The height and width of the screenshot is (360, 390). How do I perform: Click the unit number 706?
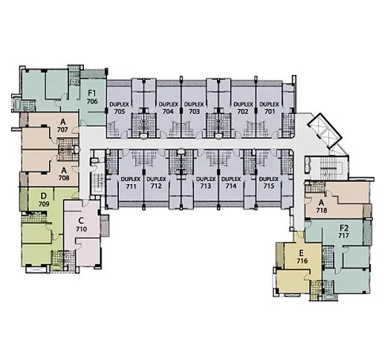pyautogui.click(x=92, y=102)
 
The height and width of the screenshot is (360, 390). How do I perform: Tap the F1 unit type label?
pyautogui.click(x=92, y=94)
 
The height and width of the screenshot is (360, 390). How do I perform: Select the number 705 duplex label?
pyautogui.click(x=120, y=111)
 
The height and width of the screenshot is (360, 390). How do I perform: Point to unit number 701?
pyautogui.click(x=270, y=111)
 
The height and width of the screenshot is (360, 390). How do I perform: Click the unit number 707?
pyautogui.click(x=62, y=130)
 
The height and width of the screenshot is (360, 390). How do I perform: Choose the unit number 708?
pyautogui.click(x=64, y=178)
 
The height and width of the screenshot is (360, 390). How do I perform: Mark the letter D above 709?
pyautogui.click(x=44, y=196)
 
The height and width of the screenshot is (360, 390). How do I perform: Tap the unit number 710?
pyautogui.click(x=82, y=229)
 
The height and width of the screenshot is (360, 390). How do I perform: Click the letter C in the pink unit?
pyautogui.click(x=80, y=220)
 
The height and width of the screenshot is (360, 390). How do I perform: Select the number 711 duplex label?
pyautogui.click(x=131, y=186)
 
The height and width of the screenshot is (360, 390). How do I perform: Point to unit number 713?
pyautogui.click(x=206, y=186)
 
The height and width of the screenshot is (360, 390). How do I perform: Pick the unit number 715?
pyautogui.click(x=269, y=186)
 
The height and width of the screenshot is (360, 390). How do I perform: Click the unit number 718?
pyautogui.click(x=322, y=211)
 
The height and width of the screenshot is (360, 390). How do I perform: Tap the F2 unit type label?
pyautogui.click(x=344, y=228)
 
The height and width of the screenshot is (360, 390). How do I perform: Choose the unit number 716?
pyautogui.click(x=302, y=261)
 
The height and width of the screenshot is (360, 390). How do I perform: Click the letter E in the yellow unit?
pyautogui.click(x=301, y=253)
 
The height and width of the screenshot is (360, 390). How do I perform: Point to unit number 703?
pyautogui.click(x=194, y=111)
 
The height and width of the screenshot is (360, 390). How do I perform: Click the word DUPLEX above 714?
pyautogui.click(x=231, y=179)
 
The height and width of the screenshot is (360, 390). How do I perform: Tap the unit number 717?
pyautogui.click(x=343, y=235)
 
